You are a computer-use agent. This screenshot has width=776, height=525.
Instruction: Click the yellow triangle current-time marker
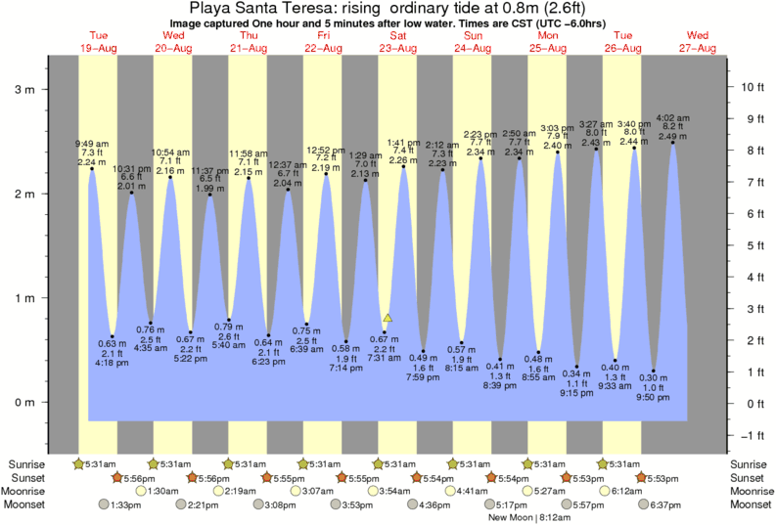[x=388, y=318]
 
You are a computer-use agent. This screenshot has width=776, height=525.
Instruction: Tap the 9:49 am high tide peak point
[x=92, y=169]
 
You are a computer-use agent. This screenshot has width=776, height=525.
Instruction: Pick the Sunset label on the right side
[x=752, y=477]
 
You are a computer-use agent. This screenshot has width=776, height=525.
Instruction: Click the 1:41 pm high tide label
[x=403, y=143]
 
